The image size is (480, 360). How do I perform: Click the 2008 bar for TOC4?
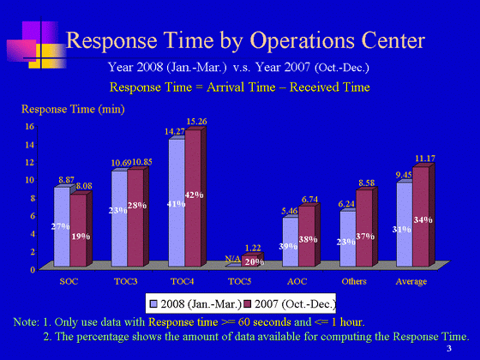pyautogui.click(x=177, y=202)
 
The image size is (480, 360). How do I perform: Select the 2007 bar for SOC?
pyautogui.click(x=78, y=231)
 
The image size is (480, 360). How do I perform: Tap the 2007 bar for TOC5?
pyautogui.click(x=249, y=261)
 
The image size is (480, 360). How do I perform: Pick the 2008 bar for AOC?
pyautogui.click(x=291, y=242)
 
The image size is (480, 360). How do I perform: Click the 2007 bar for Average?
pyautogui.click(x=421, y=217)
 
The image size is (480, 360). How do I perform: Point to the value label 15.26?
pyautogui.click(x=196, y=122)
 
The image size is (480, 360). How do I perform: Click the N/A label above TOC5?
pyautogui.click(x=232, y=259)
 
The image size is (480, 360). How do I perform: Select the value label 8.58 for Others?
pyautogui.click(x=367, y=183)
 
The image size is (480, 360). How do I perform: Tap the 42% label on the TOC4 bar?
pyautogui.click(x=194, y=195)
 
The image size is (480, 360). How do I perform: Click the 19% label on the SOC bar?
pyautogui.click(x=81, y=237)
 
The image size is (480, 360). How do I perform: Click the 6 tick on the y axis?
pyautogui.click(x=33, y=216)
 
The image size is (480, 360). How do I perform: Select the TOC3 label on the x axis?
pyautogui.click(x=126, y=281)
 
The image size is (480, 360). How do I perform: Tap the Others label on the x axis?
pyautogui.click(x=354, y=281)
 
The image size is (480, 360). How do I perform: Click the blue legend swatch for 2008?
pyautogui.click(x=153, y=303)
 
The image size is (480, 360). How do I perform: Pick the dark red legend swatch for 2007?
pyautogui.click(x=248, y=303)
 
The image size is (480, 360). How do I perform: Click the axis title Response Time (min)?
pyautogui.click(x=73, y=110)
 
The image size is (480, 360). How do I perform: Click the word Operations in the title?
pyautogui.click(x=303, y=41)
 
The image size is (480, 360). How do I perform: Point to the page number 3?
pyautogui.click(x=449, y=348)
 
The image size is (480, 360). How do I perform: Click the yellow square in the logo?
pyautogui.click(x=48, y=56)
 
